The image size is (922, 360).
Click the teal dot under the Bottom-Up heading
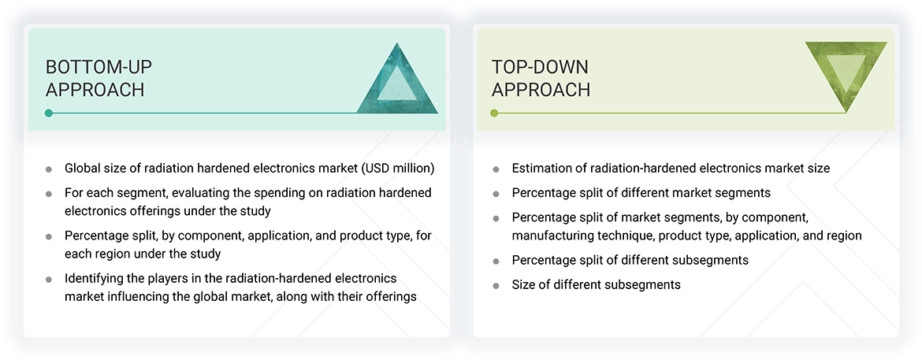tap(49, 113)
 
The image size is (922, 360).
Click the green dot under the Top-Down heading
tap(494, 113)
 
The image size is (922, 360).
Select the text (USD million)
tap(397, 168)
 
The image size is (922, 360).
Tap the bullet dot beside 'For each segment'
tap(49, 194)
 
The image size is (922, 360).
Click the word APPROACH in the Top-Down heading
tap(541, 90)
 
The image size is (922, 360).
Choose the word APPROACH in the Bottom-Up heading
tap(95, 90)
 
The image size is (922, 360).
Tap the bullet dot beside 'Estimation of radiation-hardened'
tap(496, 169)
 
